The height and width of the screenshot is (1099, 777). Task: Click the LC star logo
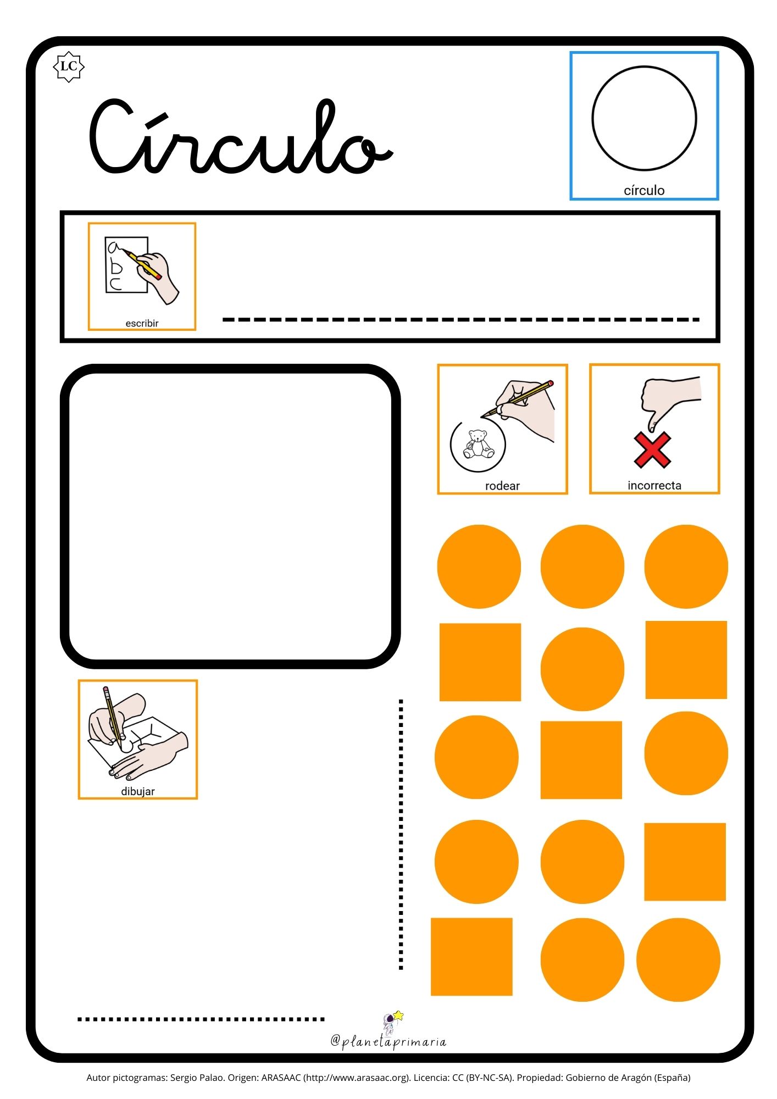point(68,66)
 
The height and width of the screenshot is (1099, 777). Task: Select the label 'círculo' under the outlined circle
point(644,190)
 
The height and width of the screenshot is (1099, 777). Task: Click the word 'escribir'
point(142,323)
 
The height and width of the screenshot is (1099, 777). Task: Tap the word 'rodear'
point(502,486)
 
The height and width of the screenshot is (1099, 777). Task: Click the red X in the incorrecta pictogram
point(652,450)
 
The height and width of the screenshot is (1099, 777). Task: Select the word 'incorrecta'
point(654,485)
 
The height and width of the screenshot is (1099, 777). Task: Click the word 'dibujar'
point(138,791)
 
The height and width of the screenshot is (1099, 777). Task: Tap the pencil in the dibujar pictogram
point(112,717)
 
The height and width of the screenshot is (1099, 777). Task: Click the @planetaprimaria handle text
point(389,1042)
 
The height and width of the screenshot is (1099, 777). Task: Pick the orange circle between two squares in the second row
point(582,669)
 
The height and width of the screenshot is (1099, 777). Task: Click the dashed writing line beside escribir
point(460,319)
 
